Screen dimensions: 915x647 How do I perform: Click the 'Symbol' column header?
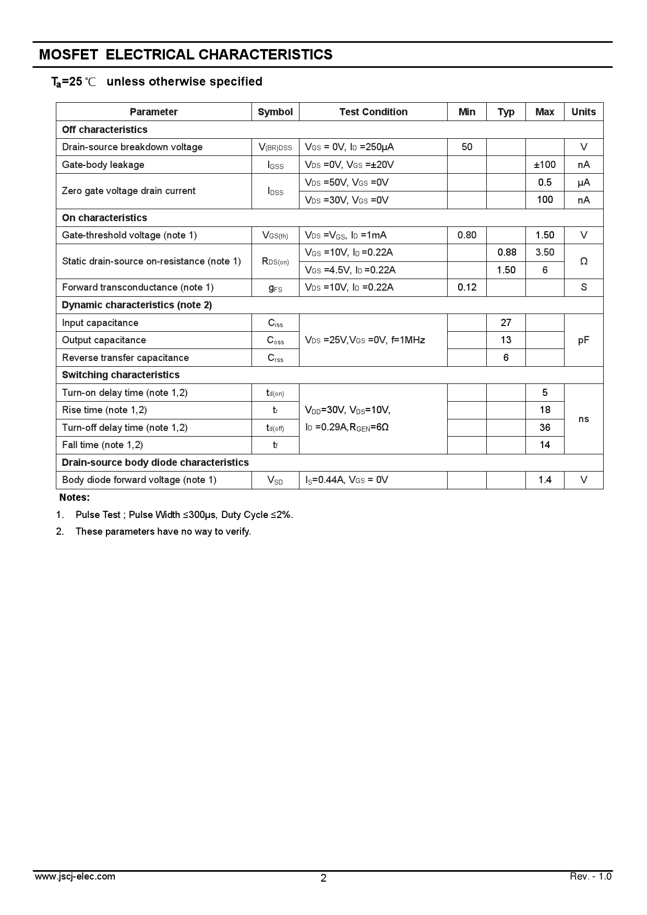tap(275, 112)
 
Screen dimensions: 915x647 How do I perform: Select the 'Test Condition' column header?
tap(373, 112)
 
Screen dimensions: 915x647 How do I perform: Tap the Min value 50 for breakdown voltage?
tap(467, 147)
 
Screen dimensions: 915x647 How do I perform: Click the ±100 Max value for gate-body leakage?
tap(545, 165)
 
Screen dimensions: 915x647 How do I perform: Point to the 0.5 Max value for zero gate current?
tap(545, 182)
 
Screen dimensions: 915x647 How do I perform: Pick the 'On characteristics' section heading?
tap(104, 218)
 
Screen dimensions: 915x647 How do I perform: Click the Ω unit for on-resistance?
tap(583, 261)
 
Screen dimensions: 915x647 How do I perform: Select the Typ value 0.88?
tap(506, 252)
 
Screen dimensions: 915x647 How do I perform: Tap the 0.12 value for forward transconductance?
tap(467, 287)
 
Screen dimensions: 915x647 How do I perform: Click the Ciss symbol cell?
tap(275, 323)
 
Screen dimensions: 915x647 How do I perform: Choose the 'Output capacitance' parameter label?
tap(104, 340)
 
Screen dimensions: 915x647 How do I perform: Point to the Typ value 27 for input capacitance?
tap(506, 323)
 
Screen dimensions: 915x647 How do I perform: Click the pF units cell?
tap(583, 340)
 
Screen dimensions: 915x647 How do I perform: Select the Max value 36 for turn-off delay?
tap(545, 428)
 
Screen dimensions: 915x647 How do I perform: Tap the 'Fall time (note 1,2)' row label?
tap(102, 445)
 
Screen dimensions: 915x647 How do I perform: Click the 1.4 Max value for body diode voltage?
tap(545, 480)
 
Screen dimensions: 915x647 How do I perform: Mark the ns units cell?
tap(583, 419)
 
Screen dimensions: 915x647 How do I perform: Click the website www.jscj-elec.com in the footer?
tap(75, 876)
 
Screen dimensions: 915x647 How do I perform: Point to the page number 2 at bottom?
tap(323, 878)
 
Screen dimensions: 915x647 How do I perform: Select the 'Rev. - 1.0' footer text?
tap(590, 876)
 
